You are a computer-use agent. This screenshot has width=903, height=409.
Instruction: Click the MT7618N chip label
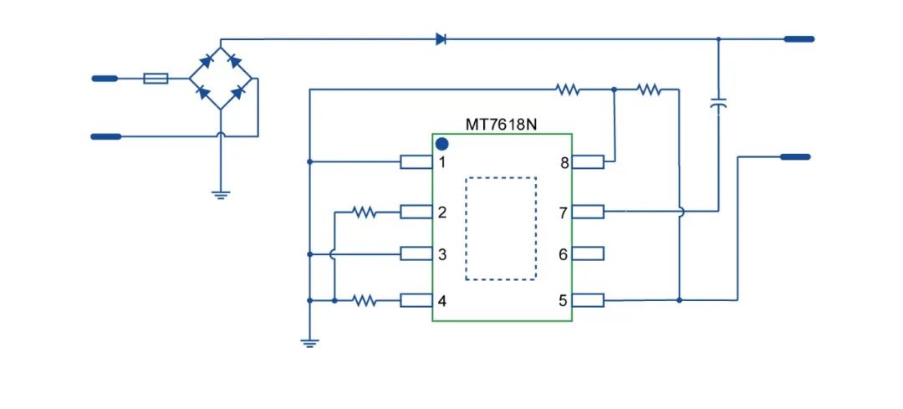point(502,125)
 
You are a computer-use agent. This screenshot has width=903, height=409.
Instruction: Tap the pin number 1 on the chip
point(442,162)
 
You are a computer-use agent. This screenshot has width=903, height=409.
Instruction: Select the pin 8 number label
point(564,163)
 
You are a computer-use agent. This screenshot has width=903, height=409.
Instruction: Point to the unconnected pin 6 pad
point(589,253)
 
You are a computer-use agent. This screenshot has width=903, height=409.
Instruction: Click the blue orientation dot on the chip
point(442,144)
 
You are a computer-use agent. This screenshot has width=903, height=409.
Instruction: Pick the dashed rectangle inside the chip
point(501,228)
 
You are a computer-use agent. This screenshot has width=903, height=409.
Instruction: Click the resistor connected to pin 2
point(365,212)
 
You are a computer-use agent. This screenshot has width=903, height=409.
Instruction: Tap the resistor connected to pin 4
point(365,299)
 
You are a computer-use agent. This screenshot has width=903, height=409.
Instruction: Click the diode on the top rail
point(441,38)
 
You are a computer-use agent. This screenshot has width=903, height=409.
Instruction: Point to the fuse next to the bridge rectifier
point(156,79)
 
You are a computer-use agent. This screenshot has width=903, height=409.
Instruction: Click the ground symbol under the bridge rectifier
point(220,194)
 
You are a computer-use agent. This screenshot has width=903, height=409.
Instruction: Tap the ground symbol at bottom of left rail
point(309,342)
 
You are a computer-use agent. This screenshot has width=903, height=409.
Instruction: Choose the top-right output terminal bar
point(798,38)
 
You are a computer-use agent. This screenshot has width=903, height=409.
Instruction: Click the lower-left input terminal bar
point(105,135)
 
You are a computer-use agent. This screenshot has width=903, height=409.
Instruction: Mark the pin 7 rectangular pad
point(589,212)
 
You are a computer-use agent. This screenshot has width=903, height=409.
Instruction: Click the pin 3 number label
point(442,254)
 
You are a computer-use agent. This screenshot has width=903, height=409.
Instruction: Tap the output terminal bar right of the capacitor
point(795,156)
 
